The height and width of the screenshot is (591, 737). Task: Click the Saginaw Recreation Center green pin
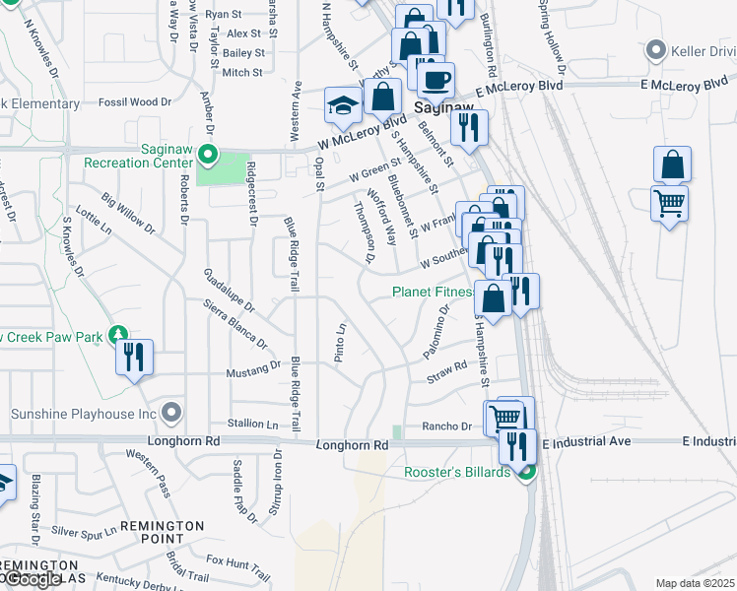[207, 155]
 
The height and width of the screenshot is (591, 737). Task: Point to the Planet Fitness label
[434, 292]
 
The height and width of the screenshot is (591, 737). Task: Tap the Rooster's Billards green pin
[526, 474]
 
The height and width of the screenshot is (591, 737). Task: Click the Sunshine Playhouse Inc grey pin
[173, 411]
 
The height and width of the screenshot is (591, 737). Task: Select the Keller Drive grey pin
[655, 50]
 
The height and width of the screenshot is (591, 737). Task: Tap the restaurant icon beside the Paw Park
[135, 356]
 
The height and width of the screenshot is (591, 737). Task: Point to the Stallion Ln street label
[253, 424]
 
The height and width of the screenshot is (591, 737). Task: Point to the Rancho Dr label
[448, 427]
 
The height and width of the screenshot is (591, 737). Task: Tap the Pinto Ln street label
[340, 343]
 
